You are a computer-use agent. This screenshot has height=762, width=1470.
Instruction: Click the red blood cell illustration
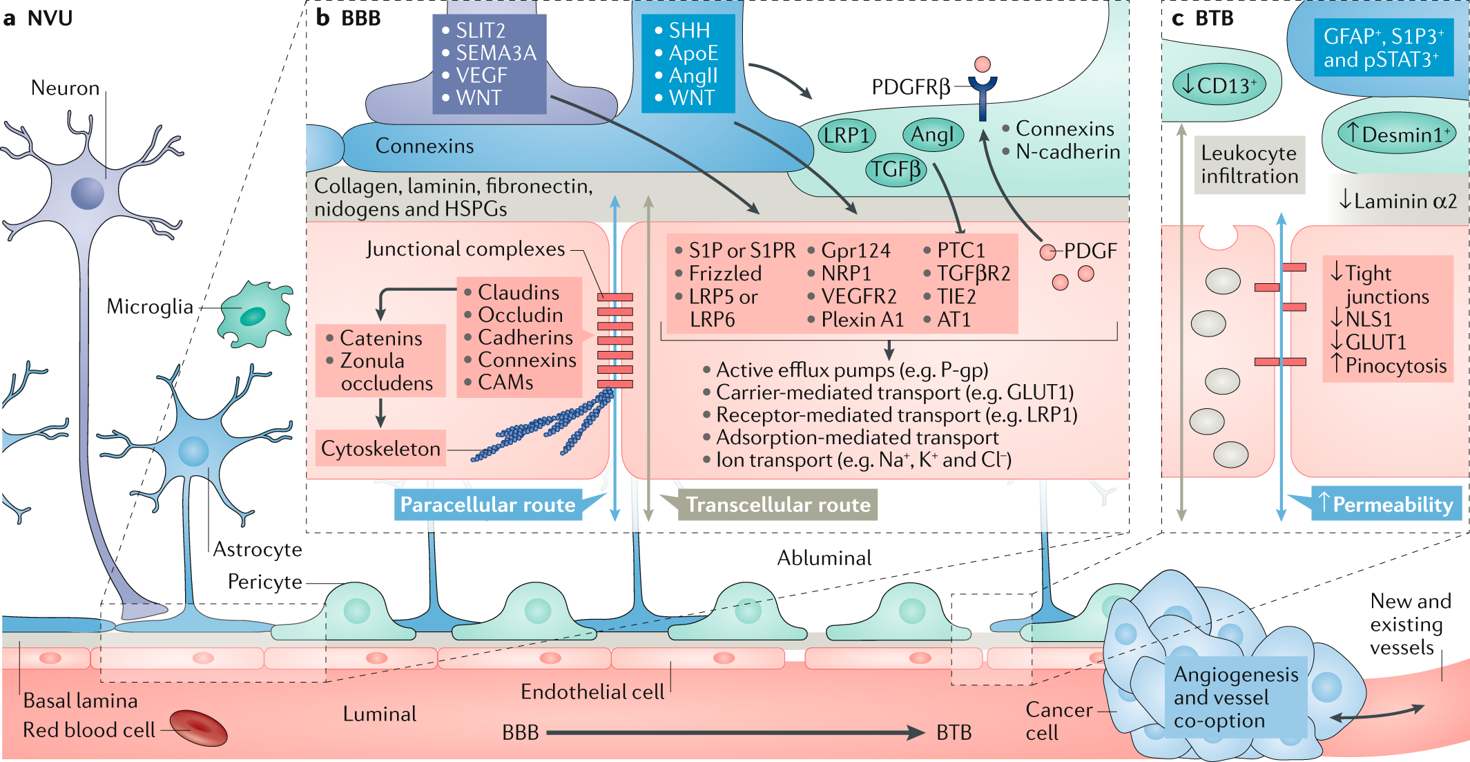[198, 729]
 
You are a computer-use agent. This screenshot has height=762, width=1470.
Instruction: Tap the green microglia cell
[255, 314]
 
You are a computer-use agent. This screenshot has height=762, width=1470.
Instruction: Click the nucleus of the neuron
[88, 193]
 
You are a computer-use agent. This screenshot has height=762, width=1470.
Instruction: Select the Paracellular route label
[488, 505]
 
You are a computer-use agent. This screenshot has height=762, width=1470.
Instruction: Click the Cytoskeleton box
[380, 449]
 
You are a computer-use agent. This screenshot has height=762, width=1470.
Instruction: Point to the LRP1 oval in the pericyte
[847, 135]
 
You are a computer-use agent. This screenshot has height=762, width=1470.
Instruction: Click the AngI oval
[933, 135]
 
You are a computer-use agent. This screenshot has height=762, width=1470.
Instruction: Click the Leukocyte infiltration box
[1250, 164]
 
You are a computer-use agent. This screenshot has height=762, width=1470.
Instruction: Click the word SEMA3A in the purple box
[496, 53]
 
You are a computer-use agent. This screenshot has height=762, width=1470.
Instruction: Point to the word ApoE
[693, 53]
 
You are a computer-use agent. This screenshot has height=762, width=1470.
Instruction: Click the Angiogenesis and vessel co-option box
[1236, 697]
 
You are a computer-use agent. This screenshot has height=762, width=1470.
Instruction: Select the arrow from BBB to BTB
[735, 732]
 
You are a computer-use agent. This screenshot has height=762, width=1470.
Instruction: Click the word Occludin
[521, 315]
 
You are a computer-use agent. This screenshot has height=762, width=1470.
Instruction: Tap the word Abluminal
[824, 558]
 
